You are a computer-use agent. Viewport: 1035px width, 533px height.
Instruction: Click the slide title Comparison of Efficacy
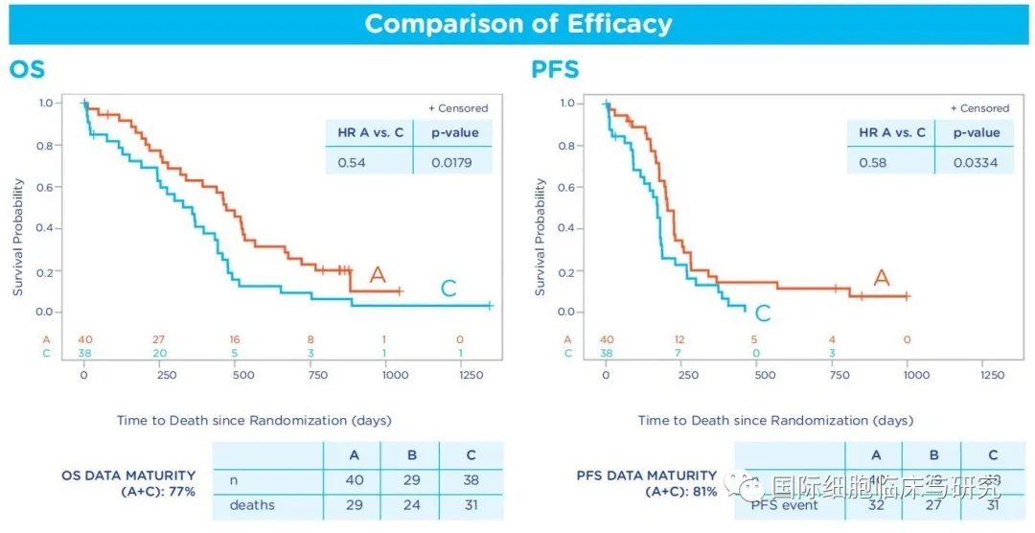click(x=517, y=23)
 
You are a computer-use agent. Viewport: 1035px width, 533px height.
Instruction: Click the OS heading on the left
click(x=27, y=70)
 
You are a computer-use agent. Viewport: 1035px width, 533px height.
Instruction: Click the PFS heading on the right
click(x=555, y=70)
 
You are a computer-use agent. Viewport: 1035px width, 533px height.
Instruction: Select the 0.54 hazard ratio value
click(x=352, y=163)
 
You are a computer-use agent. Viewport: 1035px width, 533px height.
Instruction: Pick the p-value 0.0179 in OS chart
click(x=452, y=163)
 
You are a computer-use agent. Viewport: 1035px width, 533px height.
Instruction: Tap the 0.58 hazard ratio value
click(x=872, y=163)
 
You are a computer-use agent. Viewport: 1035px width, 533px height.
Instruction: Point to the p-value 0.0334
click(x=976, y=163)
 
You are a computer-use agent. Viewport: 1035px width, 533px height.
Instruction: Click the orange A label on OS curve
click(x=377, y=276)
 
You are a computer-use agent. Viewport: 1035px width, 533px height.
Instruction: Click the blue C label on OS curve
click(x=448, y=289)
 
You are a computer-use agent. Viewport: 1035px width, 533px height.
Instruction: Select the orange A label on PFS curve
click(x=881, y=278)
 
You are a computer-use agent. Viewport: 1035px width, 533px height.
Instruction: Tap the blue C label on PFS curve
click(x=763, y=313)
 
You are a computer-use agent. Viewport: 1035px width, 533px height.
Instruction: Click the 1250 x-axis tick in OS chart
click(x=471, y=375)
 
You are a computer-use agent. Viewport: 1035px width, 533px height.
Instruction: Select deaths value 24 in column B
click(x=409, y=504)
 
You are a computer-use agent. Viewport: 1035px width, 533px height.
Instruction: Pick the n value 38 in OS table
click(x=470, y=479)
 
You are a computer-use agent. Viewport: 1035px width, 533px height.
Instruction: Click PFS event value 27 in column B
click(x=932, y=504)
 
